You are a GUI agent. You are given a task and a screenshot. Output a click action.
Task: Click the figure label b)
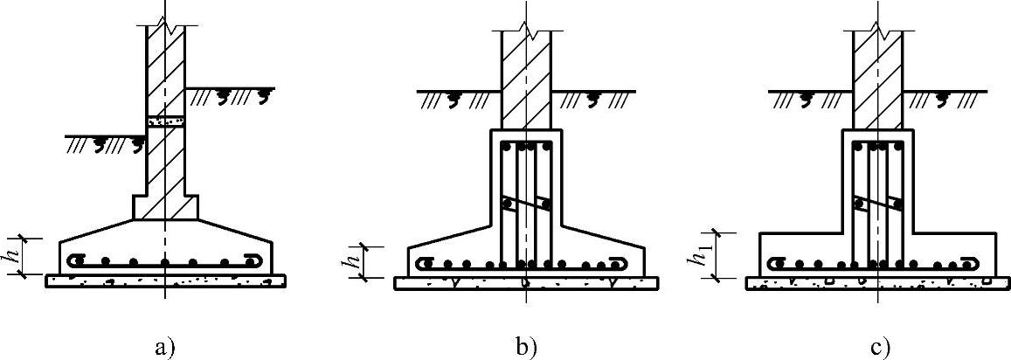(525, 348)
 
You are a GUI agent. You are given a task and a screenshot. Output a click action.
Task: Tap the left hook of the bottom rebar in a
(75, 260)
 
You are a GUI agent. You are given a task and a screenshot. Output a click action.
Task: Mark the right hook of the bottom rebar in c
(973, 262)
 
